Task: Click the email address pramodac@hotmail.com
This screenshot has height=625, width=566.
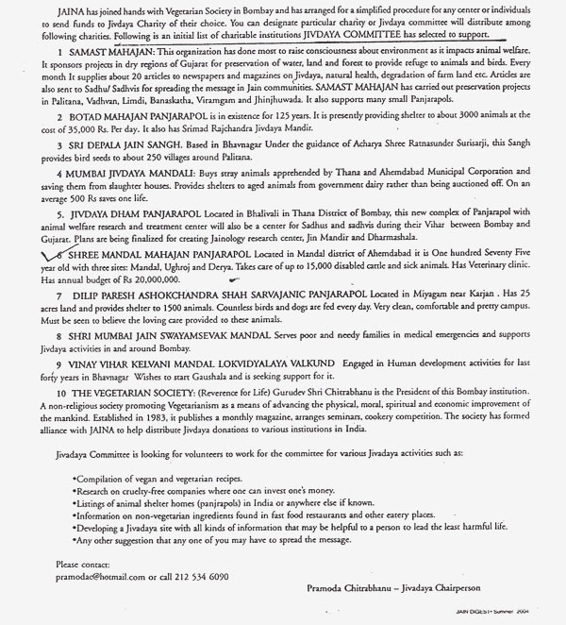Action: (90, 576)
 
